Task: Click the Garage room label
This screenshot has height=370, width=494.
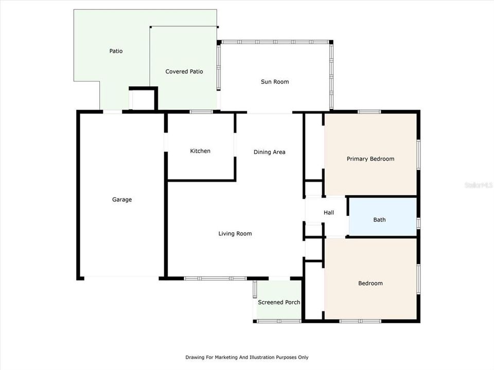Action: point(122,199)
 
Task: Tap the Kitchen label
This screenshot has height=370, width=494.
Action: point(200,151)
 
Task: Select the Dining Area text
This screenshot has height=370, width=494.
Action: point(269,152)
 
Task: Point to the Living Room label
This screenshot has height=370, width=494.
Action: point(235,234)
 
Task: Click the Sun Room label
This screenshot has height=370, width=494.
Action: point(275,82)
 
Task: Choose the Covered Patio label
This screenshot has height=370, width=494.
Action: point(184,71)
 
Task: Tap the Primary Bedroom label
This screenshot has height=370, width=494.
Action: point(370,159)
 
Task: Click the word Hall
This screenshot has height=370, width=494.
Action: point(328,213)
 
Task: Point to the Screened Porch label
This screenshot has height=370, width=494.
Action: point(279,302)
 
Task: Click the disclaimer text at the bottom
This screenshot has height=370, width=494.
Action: point(247,357)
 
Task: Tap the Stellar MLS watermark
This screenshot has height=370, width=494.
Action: point(479,184)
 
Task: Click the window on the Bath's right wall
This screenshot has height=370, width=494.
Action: point(418,223)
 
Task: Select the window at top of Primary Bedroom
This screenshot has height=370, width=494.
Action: point(369,112)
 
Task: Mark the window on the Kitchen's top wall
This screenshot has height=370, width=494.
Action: point(201,112)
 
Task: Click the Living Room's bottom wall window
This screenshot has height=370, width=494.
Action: point(216,279)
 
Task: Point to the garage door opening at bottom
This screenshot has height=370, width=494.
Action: point(121,278)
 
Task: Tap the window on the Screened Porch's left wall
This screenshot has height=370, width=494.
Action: point(255,289)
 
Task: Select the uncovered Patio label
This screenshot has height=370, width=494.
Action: point(116,51)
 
